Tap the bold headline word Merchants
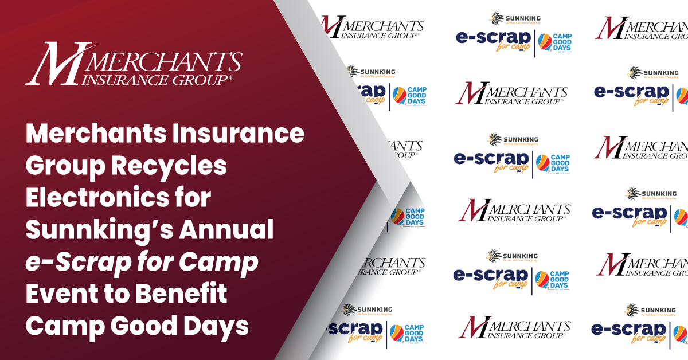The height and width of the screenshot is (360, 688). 95,134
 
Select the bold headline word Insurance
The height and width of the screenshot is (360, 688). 237,134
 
